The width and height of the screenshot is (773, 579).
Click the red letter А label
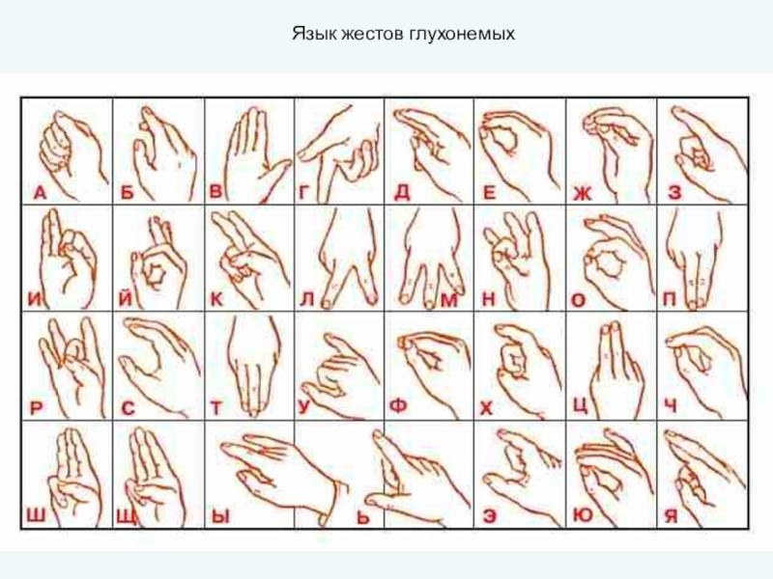coord(41,192)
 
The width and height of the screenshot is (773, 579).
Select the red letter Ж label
coord(583,194)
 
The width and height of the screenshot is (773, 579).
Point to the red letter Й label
coord(126,297)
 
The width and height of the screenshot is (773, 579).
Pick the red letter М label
coord(448,300)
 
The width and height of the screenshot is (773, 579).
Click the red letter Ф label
coord(398,406)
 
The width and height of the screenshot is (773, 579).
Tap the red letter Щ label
coord(126,517)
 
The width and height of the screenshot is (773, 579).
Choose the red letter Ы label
coord(220,516)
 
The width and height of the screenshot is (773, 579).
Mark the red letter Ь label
coord(363,518)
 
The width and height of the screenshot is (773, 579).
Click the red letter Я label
coord(671,516)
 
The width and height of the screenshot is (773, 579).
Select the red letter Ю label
coord(584,515)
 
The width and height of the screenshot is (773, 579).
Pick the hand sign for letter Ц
coord(616,371)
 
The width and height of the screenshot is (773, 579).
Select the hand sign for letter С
coord(158,367)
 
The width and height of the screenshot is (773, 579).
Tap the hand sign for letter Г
coord(339,153)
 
